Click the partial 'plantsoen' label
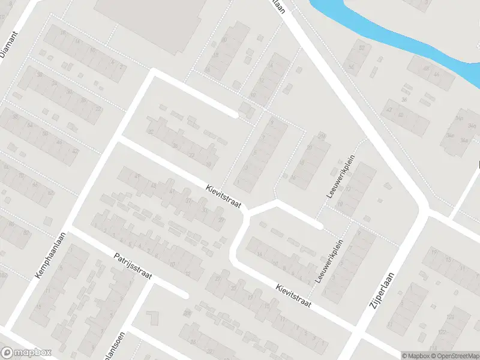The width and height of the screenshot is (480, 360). pos(120,346)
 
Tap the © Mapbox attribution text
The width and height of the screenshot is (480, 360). pos(415,356)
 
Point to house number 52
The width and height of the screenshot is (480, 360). pos(361,48)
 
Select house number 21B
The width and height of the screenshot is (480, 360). pos(322,136)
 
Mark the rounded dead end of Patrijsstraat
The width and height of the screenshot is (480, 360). pos(184,295)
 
